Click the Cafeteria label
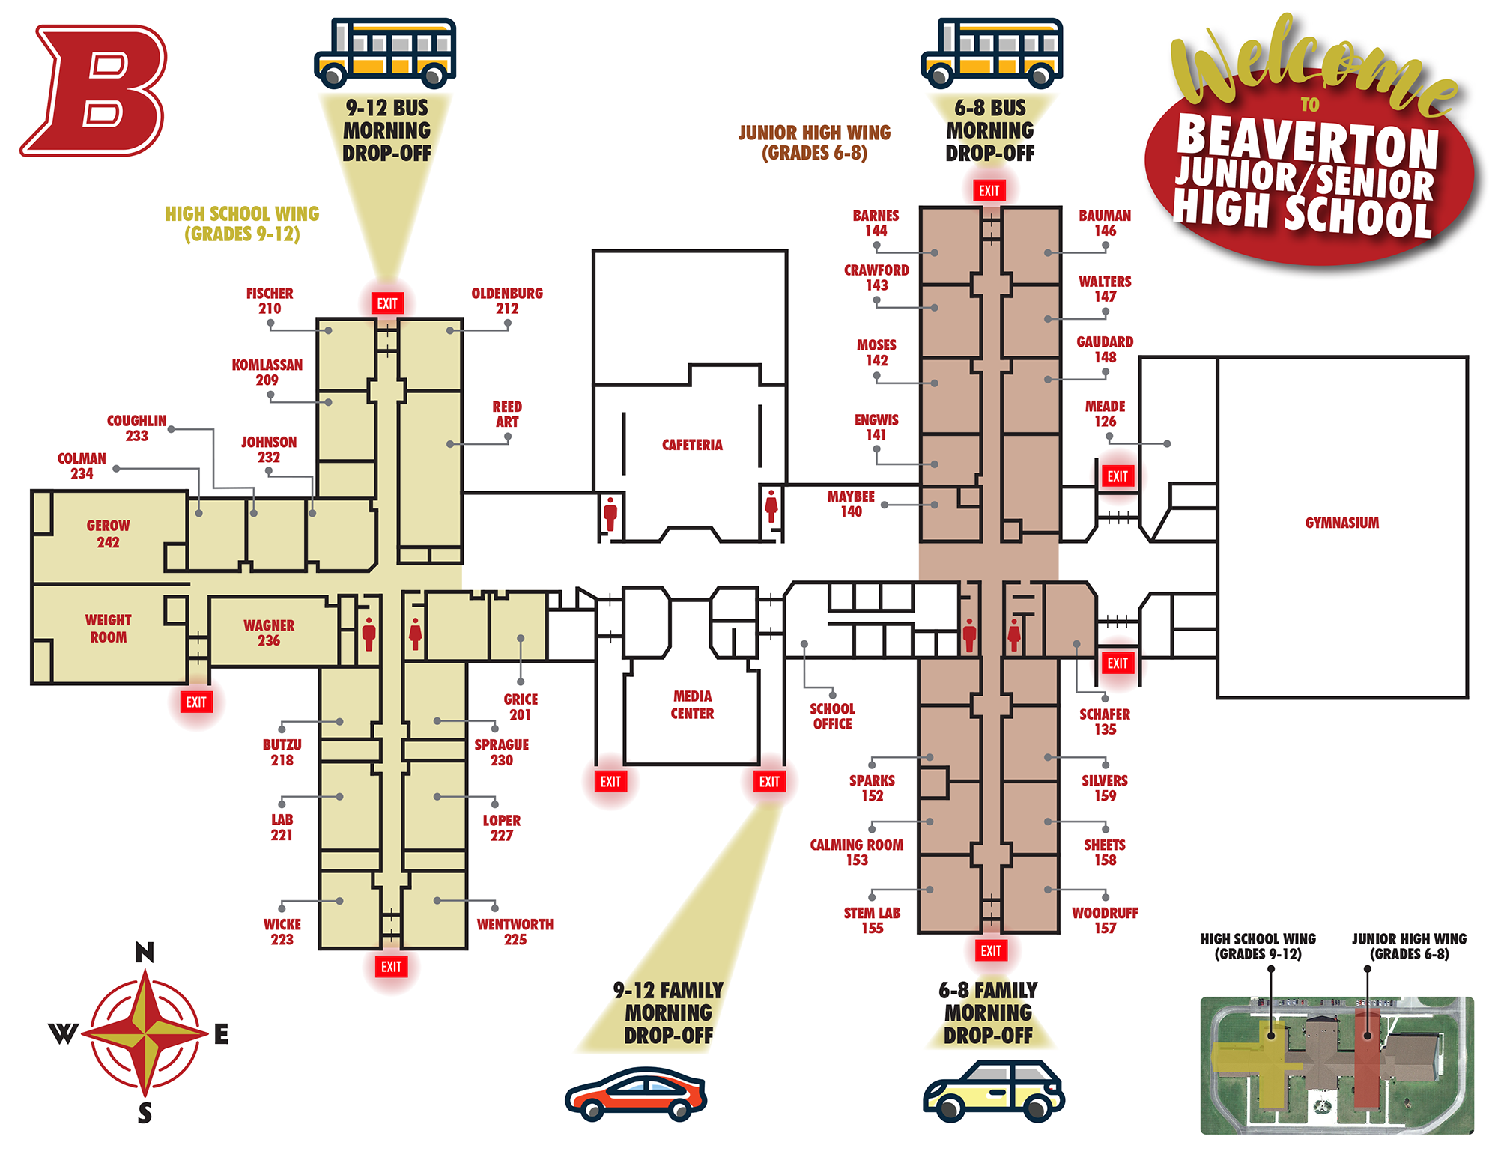[692, 445]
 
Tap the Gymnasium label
[1341, 523]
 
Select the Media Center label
[692, 705]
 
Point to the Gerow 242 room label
[108, 534]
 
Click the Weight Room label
[108, 628]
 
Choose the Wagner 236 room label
[269, 633]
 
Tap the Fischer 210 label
[270, 300]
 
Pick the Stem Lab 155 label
[872, 920]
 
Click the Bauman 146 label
[1105, 223]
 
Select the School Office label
[832, 716]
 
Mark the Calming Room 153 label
[857, 852]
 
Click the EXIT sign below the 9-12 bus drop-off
[387, 303]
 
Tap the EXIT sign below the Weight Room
[196, 702]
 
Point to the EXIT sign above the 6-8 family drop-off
[991, 951]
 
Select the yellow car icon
[993, 1091]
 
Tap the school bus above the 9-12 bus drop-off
[386, 53]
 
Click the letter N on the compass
[145, 953]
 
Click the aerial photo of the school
[1336, 1065]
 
